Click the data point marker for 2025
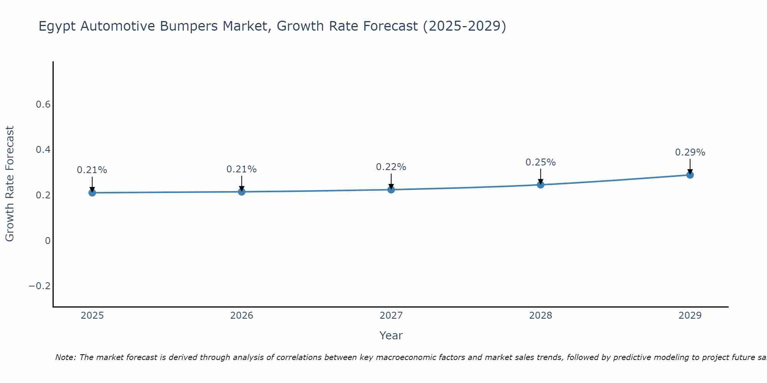(92, 193)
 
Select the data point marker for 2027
(391, 190)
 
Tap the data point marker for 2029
(690, 175)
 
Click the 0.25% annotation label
(540, 162)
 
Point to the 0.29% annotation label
(690, 152)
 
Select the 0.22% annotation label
(391, 167)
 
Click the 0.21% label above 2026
(241, 169)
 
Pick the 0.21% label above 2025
(92, 170)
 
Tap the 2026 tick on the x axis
(242, 316)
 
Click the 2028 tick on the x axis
(540, 316)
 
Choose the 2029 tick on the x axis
(690, 316)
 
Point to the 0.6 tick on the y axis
(43, 105)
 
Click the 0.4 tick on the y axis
(43, 150)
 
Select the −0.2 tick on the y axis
(40, 286)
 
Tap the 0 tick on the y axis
(48, 241)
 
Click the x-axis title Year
(391, 336)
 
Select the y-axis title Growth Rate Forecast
(10, 184)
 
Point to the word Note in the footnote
(66, 357)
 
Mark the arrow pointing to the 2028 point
(540, 177)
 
